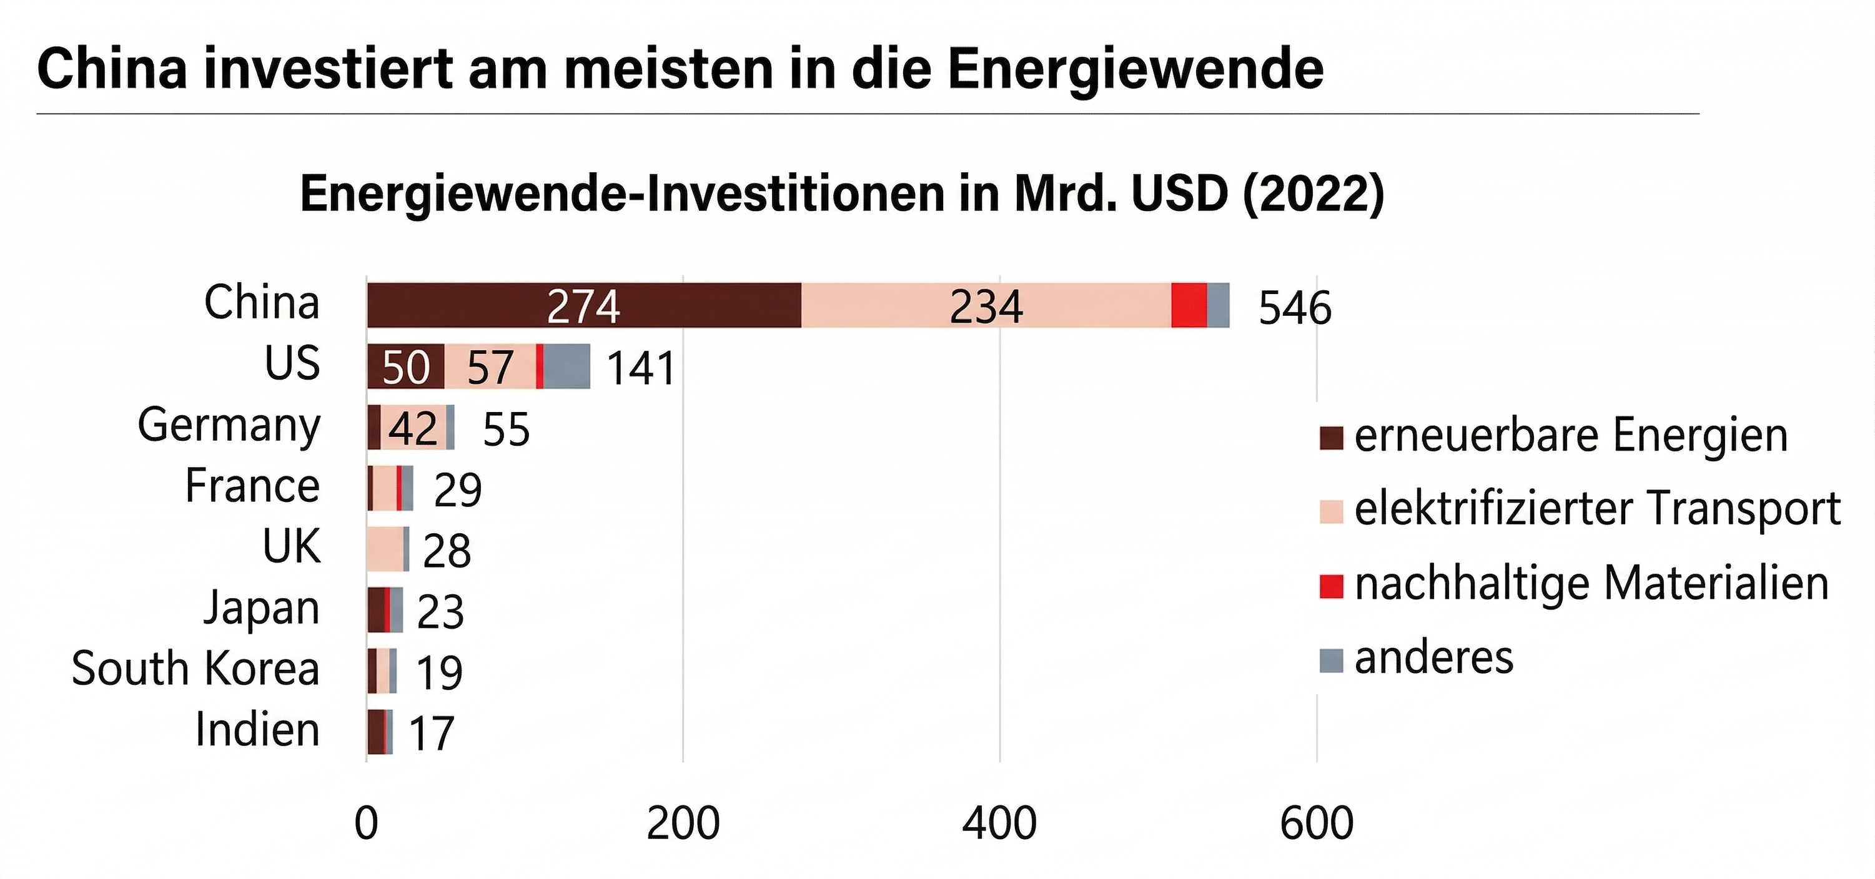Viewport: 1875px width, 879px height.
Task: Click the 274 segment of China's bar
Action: (x=584, y=306)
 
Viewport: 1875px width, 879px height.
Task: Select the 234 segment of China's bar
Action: (x=986, y=306)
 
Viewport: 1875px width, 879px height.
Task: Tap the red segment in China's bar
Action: (x=1189, y=306)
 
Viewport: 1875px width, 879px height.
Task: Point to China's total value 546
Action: (x=1295, y=308)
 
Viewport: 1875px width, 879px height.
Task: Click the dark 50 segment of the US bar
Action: (x=405, y=366)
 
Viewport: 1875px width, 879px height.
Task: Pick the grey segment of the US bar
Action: (x=566, y=366)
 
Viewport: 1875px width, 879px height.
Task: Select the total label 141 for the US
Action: (x=641, y=368)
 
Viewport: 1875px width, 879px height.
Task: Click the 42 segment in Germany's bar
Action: (x=413, y=428)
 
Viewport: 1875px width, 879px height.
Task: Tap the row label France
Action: (x=252, y=486)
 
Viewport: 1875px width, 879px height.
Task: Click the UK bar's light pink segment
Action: (x=384, y=549)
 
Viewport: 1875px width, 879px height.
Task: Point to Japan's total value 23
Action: (x=440, y=611)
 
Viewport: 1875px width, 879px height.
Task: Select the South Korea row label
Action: (x=195, y=669)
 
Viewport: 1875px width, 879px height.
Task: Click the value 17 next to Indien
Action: (x=432, y=734)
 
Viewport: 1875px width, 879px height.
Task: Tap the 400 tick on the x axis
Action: (x=999, y=823)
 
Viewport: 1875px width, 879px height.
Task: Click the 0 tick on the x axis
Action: (x=366, y=823)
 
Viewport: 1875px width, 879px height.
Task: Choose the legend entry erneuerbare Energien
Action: (x=1570, y=436)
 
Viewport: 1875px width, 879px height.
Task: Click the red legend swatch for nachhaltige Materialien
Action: (x=1330, y=586)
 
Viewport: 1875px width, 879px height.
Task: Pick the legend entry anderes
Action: (x=1433, y=659)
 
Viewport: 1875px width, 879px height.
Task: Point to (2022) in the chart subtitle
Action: (x=1313, y=194)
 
